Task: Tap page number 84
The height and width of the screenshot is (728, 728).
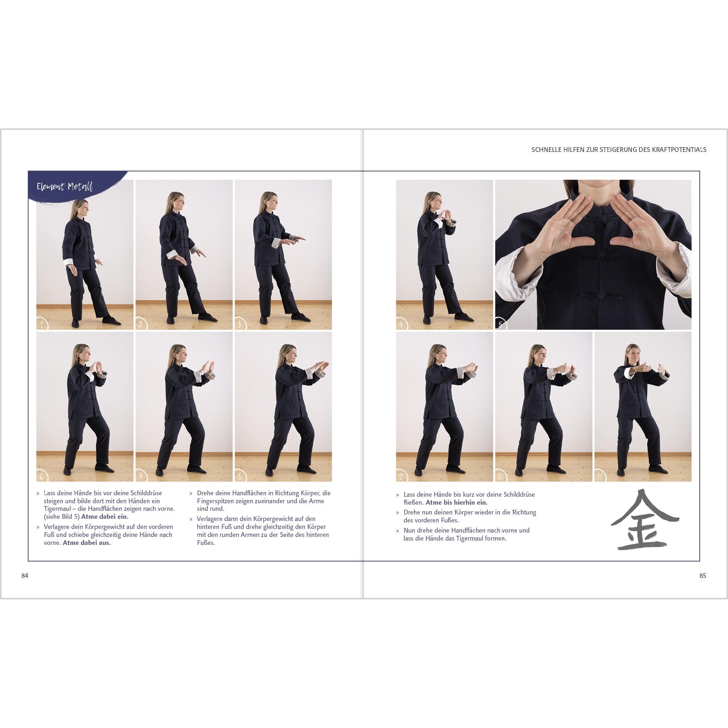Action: [x=25, y=575]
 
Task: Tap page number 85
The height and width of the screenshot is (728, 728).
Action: [x=702, y=575]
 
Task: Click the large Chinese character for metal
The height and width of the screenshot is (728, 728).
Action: [x=645, y=520]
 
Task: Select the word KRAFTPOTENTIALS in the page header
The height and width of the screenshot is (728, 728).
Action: [x=675, y=150]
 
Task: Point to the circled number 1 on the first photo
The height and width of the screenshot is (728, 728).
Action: [x=42, y=324]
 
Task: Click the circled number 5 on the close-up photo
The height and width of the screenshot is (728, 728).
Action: [x=501, y=324]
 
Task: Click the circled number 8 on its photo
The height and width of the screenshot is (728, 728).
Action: [x=240, y=476]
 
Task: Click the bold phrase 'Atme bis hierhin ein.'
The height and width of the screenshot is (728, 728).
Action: [x=456, y=502]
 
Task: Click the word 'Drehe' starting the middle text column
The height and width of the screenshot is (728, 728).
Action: [x=204, y=493]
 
